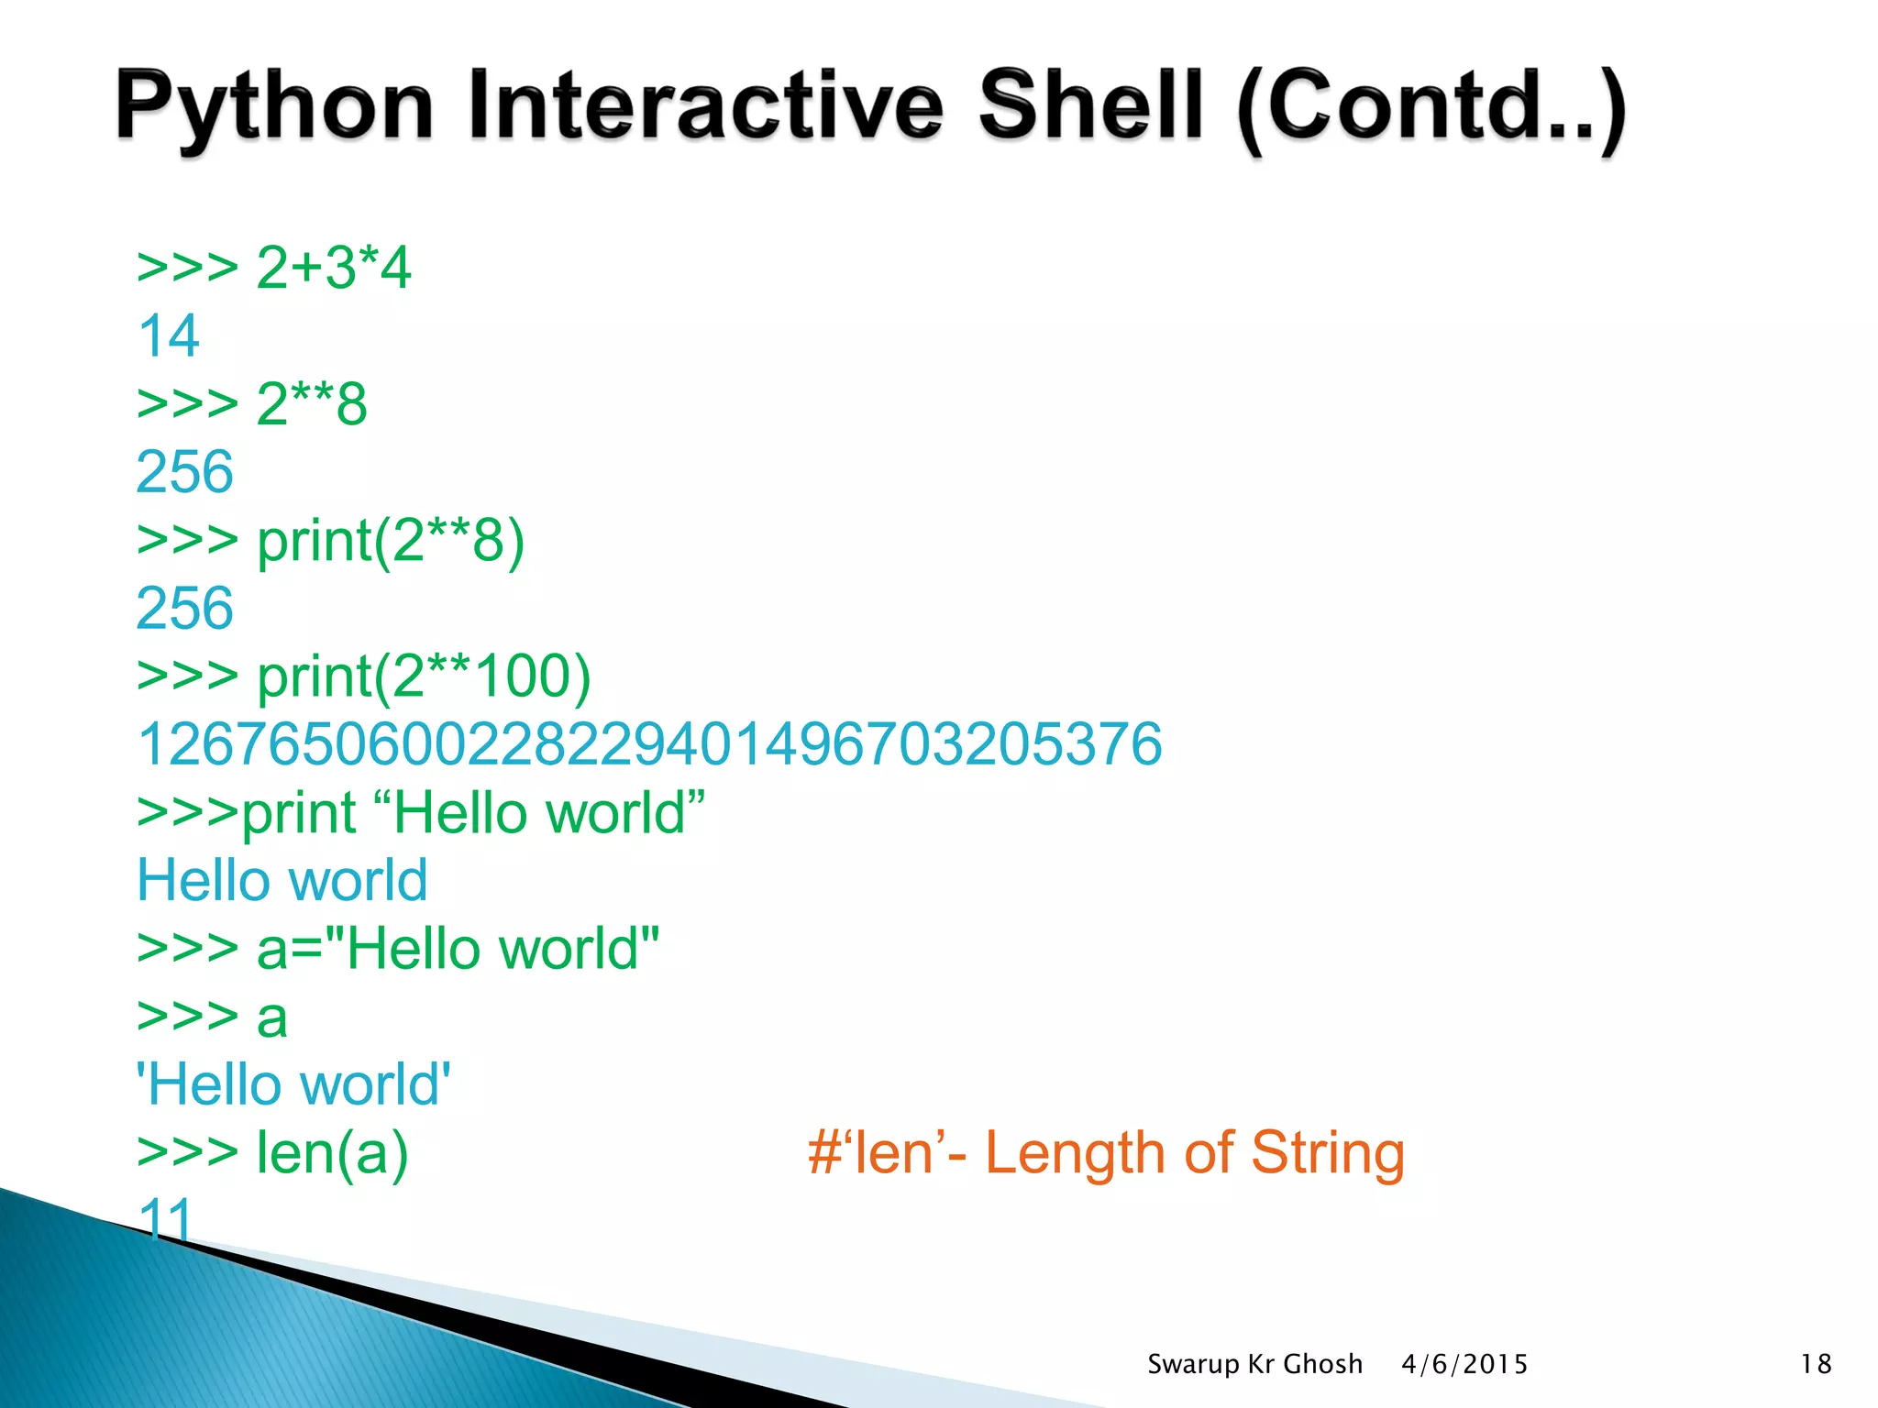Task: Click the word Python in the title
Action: click(x=273, y=108)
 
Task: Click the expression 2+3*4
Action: click(x=334, y=268)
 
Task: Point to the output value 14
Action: click(x=169, y=335)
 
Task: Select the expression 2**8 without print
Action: click(x=312, y=403)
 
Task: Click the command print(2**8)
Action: click(x=391, y=540)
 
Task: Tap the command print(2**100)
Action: click(x=424, y=676)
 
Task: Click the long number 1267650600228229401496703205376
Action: click(x=649, y=743)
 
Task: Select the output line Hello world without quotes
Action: click(x=282, y=880)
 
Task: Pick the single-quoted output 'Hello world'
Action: click(x=293, y=1084)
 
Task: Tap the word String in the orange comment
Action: click(x=1328, y=1152)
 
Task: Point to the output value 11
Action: click(x=165, y=1217)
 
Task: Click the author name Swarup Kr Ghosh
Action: click(x=1254, y=1364)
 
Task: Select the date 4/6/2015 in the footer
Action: click(x=1464, y=1364)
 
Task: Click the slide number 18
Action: click(x=1816, y=1364)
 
